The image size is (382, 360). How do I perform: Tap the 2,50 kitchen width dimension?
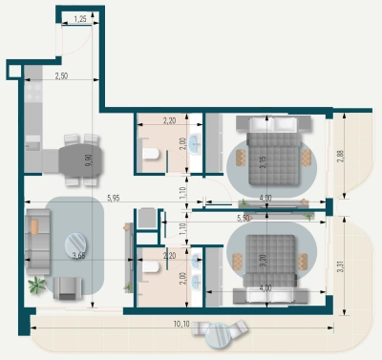point(61,74)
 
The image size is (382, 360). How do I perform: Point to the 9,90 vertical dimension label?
point(89,159)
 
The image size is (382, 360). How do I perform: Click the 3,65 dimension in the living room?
point(81,255)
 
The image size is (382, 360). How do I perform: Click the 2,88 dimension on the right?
point(341,156)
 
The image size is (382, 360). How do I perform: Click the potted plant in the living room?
point(37,284)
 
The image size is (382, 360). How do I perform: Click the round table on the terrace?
point(221,335)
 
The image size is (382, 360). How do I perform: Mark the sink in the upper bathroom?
point(194,146)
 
